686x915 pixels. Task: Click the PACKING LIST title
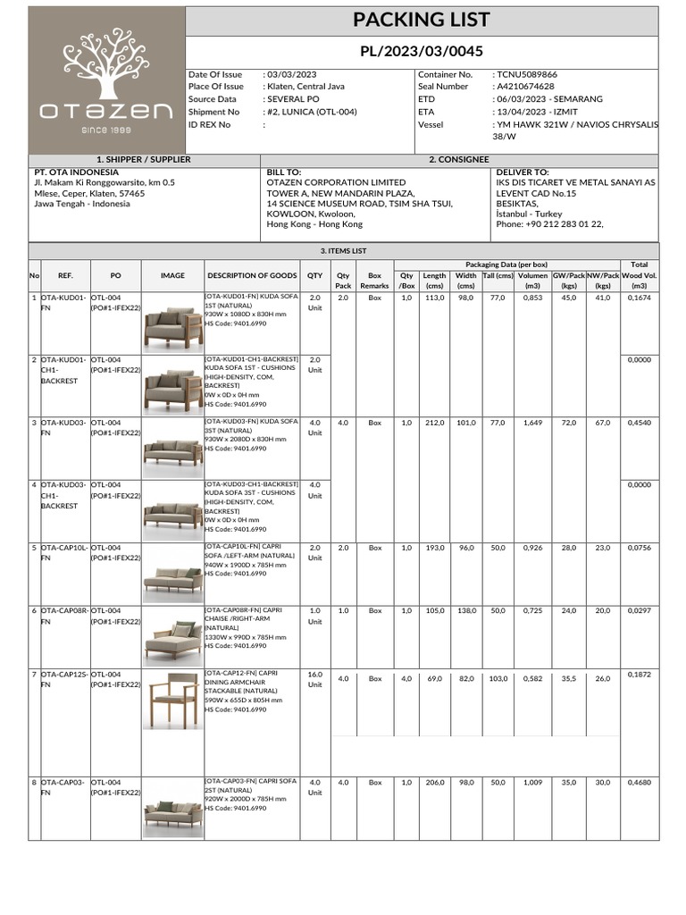point(422,20)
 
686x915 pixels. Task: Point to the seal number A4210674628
point(523,87)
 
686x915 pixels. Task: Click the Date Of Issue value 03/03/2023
point(291,74)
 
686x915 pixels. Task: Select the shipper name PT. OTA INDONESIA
point(76,172)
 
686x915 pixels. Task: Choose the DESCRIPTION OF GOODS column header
point(252,276)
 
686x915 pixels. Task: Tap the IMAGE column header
point(172,276)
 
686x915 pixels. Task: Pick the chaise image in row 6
point(172,636)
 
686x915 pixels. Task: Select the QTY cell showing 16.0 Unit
point(314,679)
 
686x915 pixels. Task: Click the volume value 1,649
point(532,423)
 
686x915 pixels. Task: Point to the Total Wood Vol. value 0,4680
point(639,783)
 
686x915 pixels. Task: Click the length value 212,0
point(435,423)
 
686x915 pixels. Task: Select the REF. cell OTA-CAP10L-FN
point(59,552)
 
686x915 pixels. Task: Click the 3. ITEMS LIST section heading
point(343,251)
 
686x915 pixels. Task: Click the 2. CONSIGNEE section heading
point(459,159)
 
